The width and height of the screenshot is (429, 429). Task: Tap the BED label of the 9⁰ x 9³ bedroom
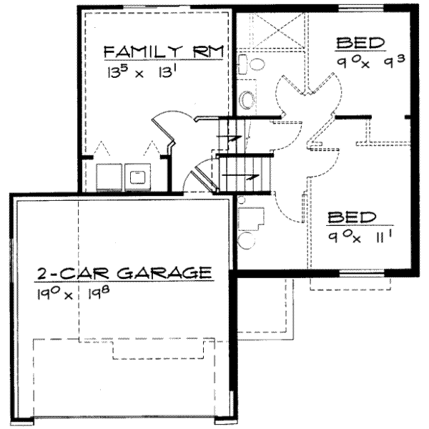click(360, 43)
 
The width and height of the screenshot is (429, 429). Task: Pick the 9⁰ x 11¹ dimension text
click(351, 235)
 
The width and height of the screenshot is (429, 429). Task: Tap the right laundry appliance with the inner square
click(137, 175)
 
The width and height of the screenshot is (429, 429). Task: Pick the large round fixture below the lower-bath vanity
click(247, 239)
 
